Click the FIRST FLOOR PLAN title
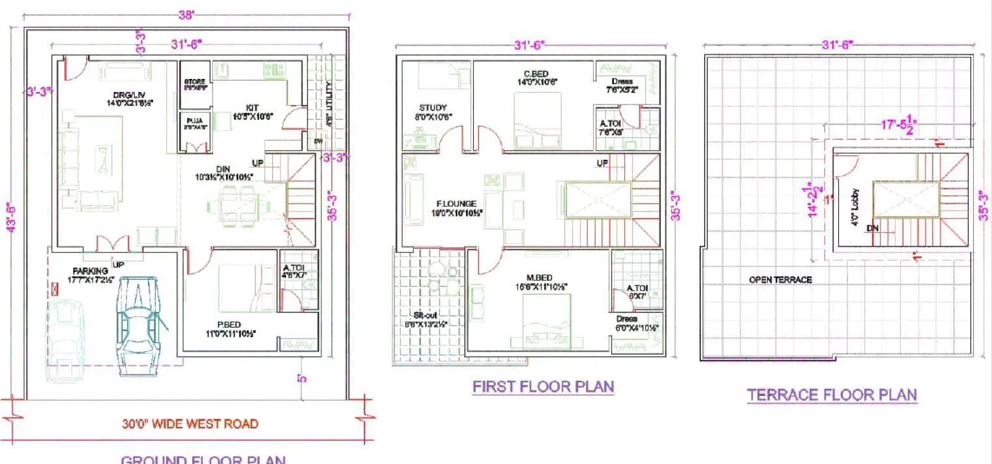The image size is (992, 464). pos(543,386)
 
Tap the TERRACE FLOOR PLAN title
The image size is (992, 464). pos(832,395)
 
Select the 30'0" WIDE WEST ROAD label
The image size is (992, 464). pos(190,424)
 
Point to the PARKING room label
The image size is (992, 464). pos(91,271)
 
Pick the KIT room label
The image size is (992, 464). pos(253,107)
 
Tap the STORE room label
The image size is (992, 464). pos(194,82)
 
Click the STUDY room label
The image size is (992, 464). pos(432,108)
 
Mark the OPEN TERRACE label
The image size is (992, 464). pos(780,279)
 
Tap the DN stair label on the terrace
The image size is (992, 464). pos(873,228)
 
